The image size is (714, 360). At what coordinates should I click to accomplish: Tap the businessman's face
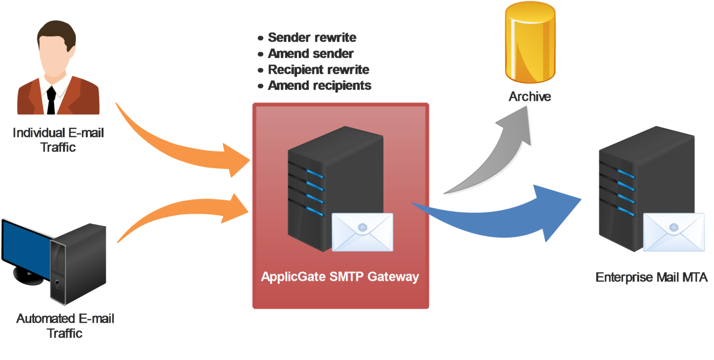pos(56,56)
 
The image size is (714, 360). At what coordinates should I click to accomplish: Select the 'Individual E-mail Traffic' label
pos(58,140)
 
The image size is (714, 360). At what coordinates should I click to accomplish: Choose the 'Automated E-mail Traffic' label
pos(65,326)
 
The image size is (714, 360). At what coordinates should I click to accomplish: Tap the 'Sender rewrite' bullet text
pos(312,37)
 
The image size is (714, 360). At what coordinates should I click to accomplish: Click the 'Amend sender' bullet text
pos(311,53)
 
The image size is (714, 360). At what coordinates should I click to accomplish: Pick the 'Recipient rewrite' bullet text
pos(318,70)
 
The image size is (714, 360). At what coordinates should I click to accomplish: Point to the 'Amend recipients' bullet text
pos(319,86)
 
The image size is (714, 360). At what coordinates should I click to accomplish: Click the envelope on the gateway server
pos(363,232)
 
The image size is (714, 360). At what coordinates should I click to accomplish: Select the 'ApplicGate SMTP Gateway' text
pos(340,277)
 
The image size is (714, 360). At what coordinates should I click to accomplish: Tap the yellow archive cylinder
pos(530,44)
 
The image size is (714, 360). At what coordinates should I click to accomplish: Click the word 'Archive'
pos(529,97)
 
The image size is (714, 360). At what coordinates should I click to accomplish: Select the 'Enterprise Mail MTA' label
pos(651,278)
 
